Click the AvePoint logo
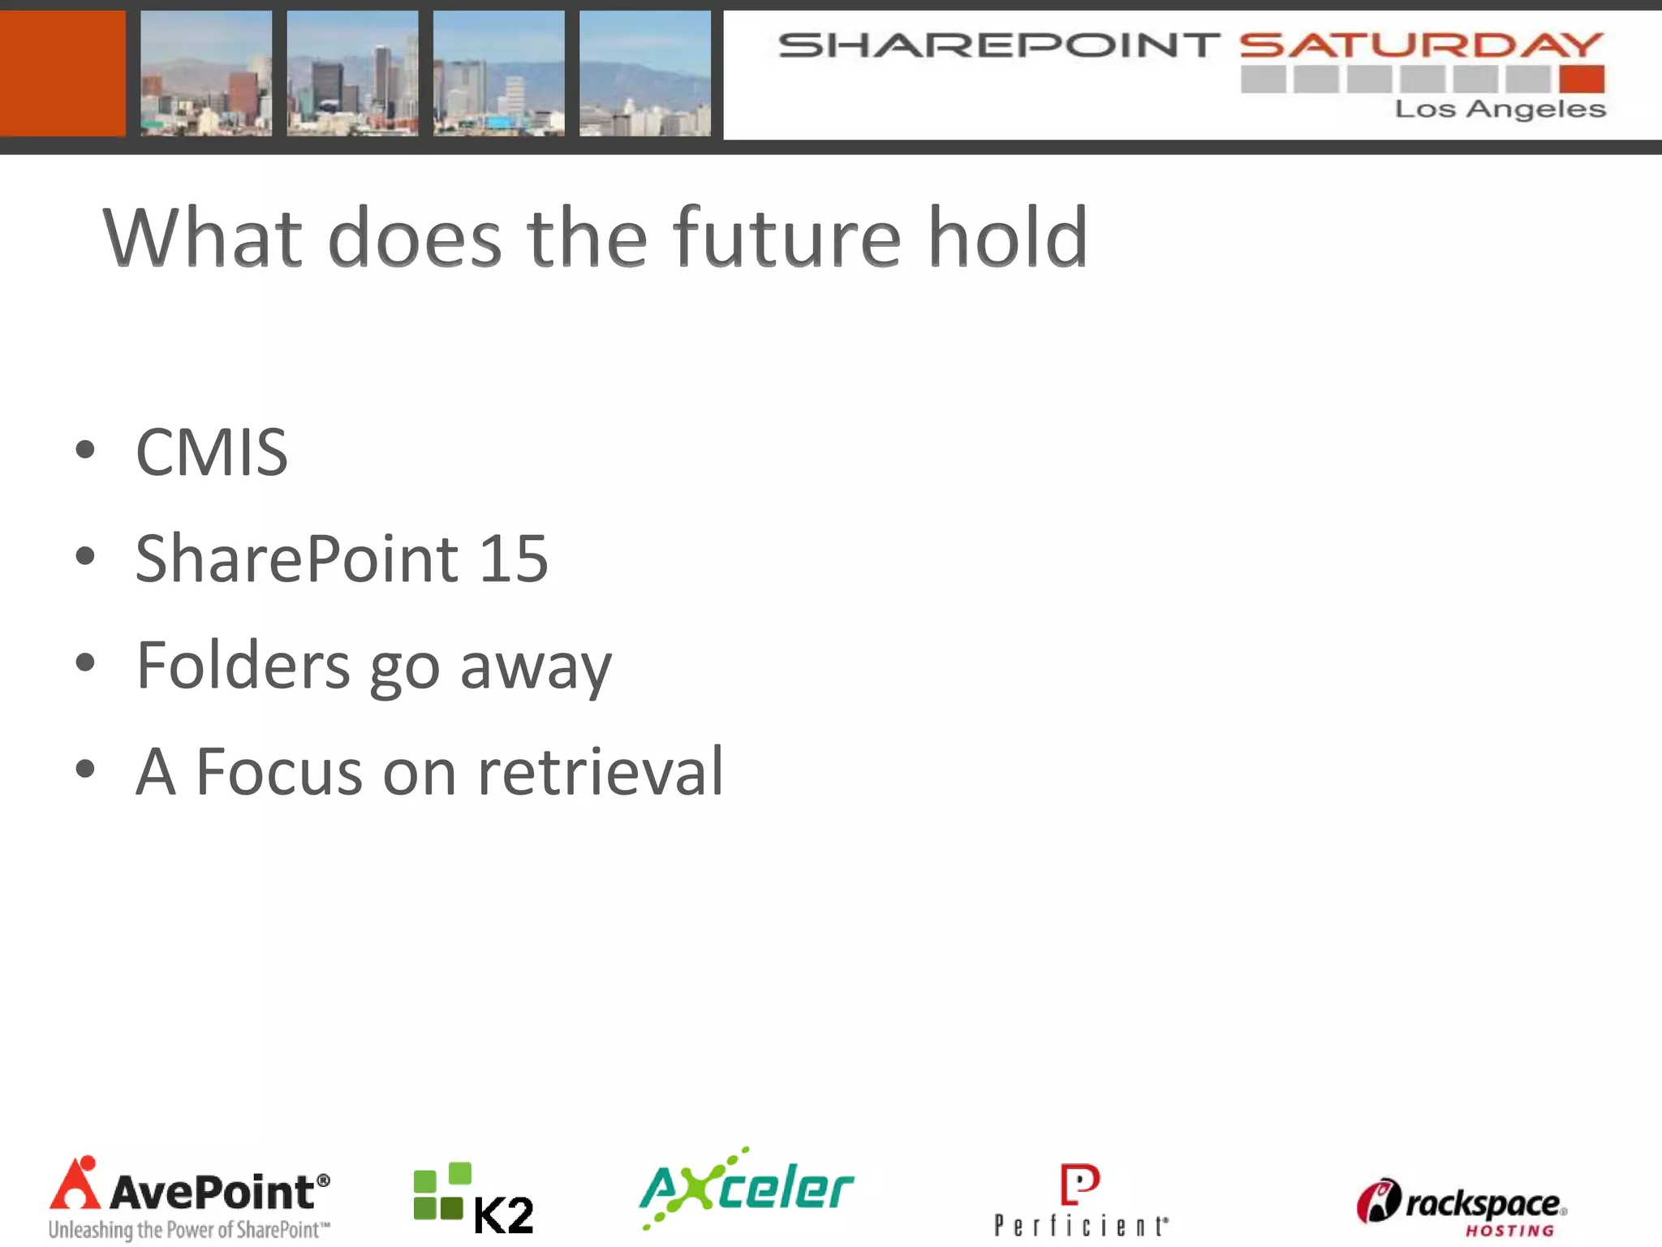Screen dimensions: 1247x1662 pos(190,1198)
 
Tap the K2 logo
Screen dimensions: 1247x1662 pos(474,1199)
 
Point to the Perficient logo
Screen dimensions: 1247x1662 pos(1081,1200)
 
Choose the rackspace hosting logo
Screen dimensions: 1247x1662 pos(1461,1207)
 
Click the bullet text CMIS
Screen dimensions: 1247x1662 pos(212,452)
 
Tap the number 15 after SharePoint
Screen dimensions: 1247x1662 pos(514,559)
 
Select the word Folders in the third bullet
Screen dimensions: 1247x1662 pos(243,665)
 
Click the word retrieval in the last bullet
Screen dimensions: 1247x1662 pos(600,771)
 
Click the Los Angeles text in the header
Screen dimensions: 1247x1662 pos(1500,109)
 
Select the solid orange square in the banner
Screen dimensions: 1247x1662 pos(62,73)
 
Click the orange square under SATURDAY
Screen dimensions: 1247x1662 pos(1582,80)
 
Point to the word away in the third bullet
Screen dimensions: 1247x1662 pos(536,667)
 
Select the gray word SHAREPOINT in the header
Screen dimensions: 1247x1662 pos(999,45)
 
